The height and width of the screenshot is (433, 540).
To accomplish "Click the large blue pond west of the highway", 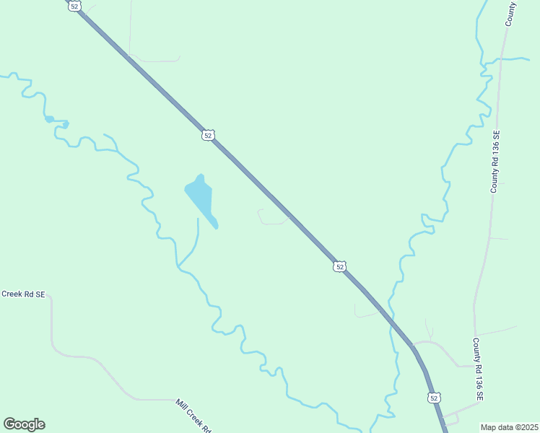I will click(200, 196).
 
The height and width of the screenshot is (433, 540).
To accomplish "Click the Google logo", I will click(24, 424).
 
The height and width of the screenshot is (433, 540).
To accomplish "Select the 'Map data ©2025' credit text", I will click(509, 427).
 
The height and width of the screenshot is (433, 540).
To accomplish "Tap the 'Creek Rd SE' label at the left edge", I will click(23, 294).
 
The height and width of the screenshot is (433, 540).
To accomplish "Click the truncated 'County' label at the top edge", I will click(511, 13).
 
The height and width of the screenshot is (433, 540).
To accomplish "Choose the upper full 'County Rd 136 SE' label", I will click(495, 161).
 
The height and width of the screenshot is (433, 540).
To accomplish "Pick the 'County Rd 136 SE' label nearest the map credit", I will click(477, 369).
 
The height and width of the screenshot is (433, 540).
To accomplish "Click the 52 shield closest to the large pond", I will click(208, 135).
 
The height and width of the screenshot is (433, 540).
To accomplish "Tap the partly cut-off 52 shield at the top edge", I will click(74, 5).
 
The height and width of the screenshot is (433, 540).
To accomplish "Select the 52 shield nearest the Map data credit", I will click(433, 398).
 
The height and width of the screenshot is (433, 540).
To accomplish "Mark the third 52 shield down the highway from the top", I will click(340, 266).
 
